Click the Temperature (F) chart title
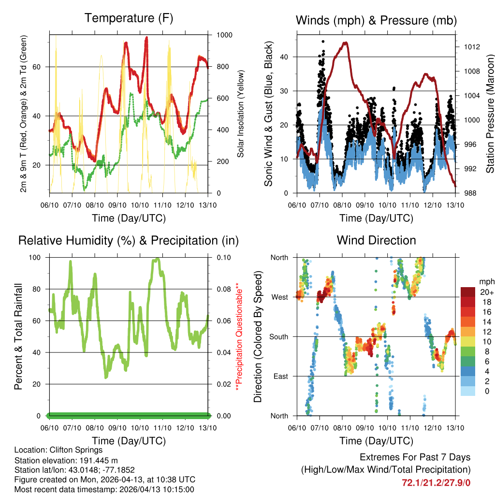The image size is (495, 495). [129, 18]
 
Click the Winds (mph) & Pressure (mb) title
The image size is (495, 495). [376, 20]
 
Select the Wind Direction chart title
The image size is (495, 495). [376, 240]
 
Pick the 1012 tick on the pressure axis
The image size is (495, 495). [471, 47]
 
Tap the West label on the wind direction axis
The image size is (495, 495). [280, 297]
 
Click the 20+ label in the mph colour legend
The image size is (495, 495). [485, 292]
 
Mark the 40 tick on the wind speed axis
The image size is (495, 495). [285, 57]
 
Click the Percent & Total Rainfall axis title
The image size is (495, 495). [19, 336]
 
